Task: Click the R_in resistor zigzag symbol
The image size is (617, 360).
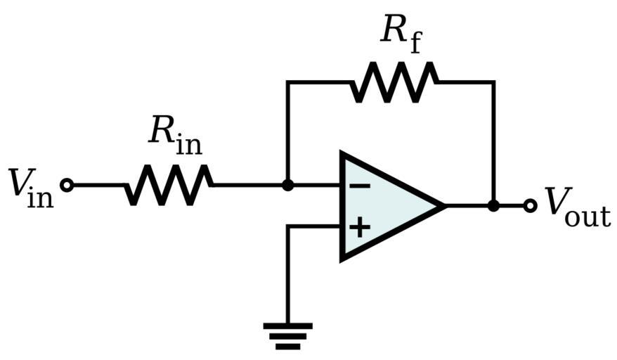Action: coord(169,185)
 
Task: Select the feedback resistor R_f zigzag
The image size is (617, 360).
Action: coord(394,82)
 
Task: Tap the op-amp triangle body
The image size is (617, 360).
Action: coord(387,205)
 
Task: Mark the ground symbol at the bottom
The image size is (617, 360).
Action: coord(287,335)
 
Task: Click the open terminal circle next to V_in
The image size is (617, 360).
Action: coord(67,185)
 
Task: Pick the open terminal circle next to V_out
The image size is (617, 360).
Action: coord(531,205)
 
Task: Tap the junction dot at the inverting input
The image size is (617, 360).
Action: coord(287,185)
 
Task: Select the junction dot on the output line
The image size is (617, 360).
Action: coord(493,205)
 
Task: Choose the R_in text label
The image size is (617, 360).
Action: coord(174,134)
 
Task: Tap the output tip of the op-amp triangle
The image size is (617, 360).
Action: coord(444,205)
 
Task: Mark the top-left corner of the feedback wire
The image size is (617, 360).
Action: coord(287,82)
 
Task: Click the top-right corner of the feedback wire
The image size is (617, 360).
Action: coord(493,82)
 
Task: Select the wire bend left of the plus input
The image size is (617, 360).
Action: coord(287,226)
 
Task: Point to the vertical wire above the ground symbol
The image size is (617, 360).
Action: coord(287,281)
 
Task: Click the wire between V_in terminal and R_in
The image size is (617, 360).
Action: coord(98,185)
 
